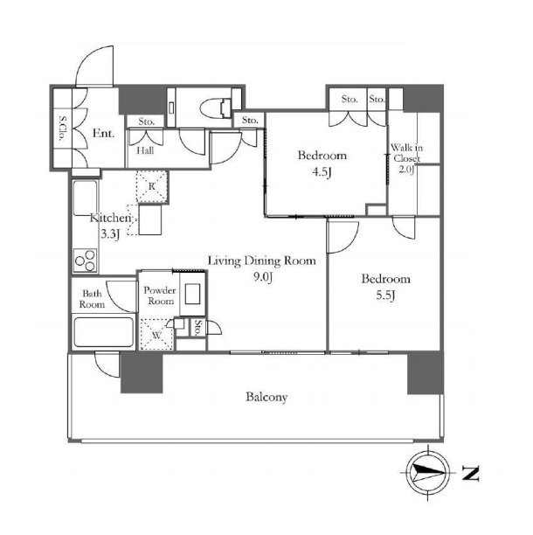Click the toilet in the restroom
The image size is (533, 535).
point(218,108)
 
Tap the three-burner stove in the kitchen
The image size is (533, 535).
point(86,261)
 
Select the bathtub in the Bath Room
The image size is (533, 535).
point(104,332)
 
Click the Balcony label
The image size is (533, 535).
point(266,397)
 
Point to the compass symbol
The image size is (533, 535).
point(428,473)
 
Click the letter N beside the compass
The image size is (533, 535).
point(471,473)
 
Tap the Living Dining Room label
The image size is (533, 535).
point(262,261)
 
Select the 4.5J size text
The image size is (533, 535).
point(322,172)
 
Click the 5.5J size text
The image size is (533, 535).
point(385,295)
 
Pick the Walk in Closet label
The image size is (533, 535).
point(406,153)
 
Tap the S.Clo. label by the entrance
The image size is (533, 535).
point(62,129)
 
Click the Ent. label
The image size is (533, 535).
point(103,133)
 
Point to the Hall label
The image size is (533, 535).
point(145,150)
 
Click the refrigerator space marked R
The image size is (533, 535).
point(152,186)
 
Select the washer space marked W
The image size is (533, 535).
point(157,335)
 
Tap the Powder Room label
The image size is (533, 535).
point(160,295)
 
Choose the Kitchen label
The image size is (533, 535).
point(110,218)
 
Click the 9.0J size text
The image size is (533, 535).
point(263,277)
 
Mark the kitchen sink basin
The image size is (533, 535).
point(86,198)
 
